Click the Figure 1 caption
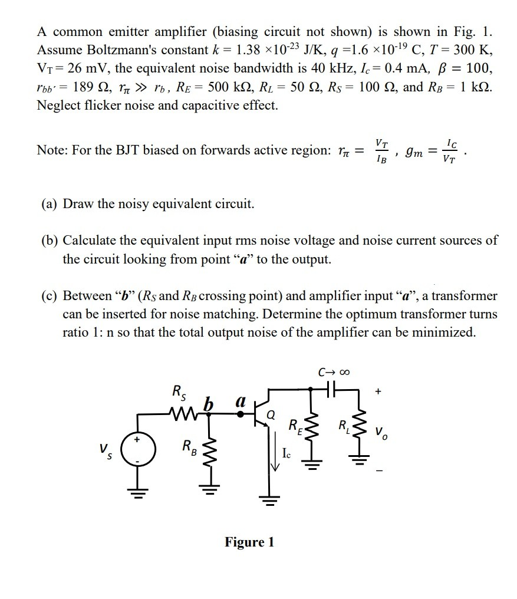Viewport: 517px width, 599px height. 249,542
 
